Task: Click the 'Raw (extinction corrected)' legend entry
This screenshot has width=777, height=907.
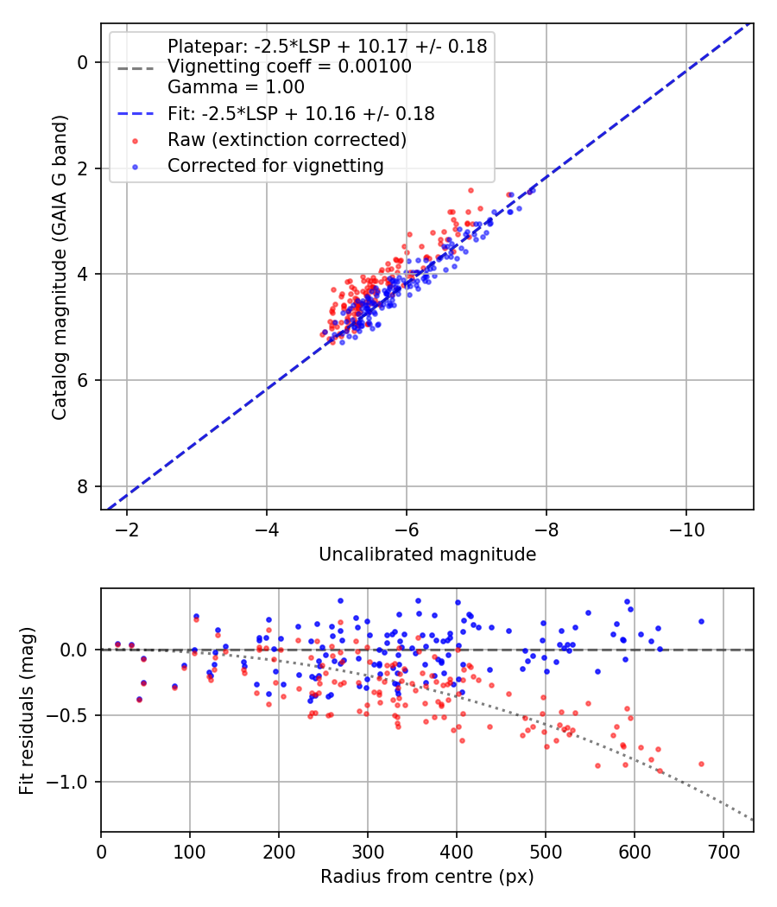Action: click(287, 139)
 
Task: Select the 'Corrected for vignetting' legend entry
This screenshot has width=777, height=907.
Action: click(275, 165)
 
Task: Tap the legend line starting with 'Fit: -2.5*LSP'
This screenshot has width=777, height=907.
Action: click(300, 113)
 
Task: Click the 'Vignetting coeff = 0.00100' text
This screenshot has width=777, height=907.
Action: click(289, 67)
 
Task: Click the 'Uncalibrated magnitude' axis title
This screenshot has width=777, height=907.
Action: click(427, 554)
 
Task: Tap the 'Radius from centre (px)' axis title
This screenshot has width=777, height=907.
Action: click(427, 877)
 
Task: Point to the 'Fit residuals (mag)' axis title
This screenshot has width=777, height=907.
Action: click(27, 710)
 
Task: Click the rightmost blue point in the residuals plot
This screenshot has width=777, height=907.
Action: click(701, 621)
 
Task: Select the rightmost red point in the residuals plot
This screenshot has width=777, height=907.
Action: click(701, 764)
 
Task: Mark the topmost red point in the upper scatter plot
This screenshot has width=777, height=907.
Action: click(471, 190)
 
